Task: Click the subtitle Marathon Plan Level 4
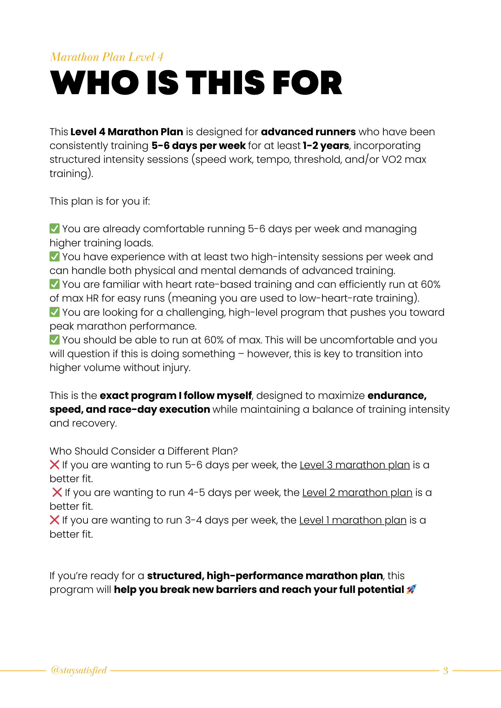pos(106,57)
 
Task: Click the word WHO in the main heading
pos(95,83)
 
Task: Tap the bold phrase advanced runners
pos(308,132)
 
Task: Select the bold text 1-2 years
pos(326,145)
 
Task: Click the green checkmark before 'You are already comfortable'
pos(55,229)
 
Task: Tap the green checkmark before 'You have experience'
pos(55,256)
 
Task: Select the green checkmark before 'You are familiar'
pos(55,284)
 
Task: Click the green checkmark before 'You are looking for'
pos(55,312)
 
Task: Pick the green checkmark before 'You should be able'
pos(55,340)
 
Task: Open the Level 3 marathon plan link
pos(355,465)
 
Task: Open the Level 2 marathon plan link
pos(357,492)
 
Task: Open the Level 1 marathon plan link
pos(353,520)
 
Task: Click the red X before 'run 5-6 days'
pos(55,464)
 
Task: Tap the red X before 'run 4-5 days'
pos(57,492)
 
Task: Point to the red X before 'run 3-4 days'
pos(55,520)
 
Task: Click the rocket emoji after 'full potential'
pos(411,589)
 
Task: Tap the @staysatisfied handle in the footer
pos(79,670)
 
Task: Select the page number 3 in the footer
pos(446,670)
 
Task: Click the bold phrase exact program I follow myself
pos(176,395)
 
